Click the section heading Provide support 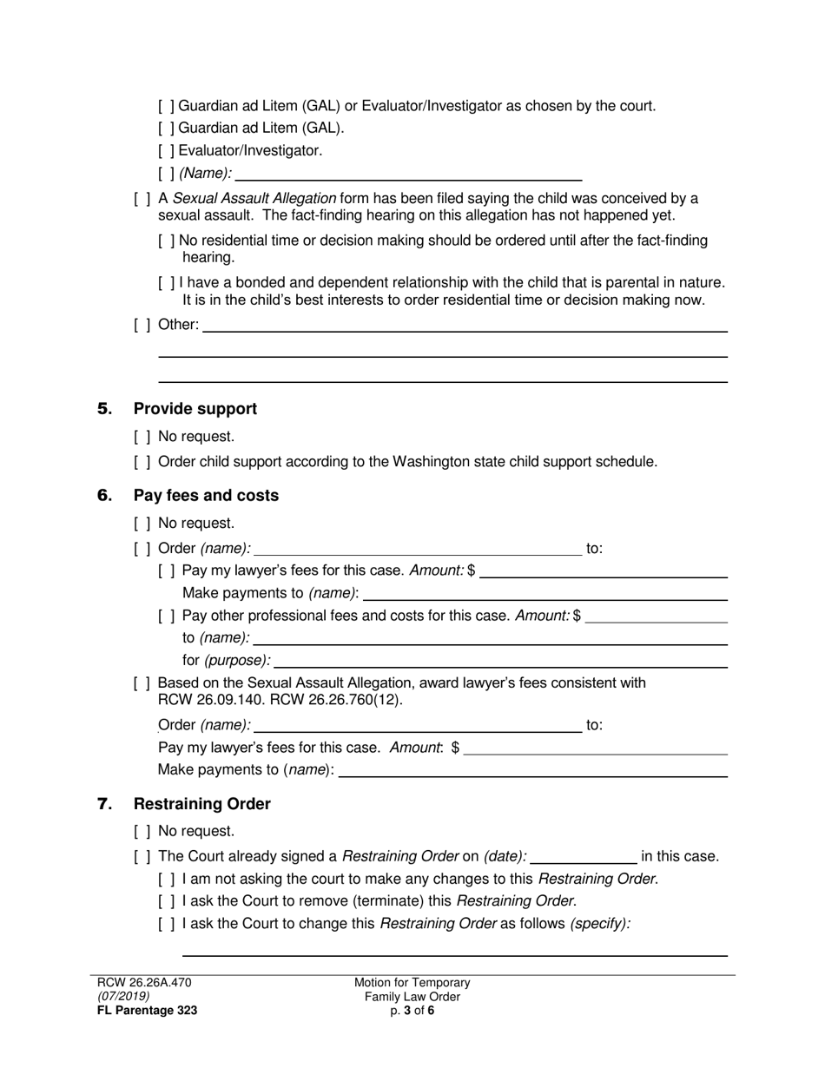click(x=195, y=408)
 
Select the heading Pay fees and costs click(x=206, y=495)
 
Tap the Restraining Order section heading click(x=201, y=803)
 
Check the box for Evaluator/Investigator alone click(x=167, y=150)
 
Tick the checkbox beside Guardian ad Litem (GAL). click(x=167, y=129)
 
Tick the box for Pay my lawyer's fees click(x=167, y=570)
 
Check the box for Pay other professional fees click(x=167, y=616)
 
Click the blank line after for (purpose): click(x=500, y=661)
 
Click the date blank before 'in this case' click(x=583, y=857)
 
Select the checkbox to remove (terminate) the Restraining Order click(x=167, y=900)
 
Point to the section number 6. click(x=104, y=495)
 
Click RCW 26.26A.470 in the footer click(x=144, y=982)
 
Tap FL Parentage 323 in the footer click(x=147, y=1010)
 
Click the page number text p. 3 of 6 click(x=412, y=1010)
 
